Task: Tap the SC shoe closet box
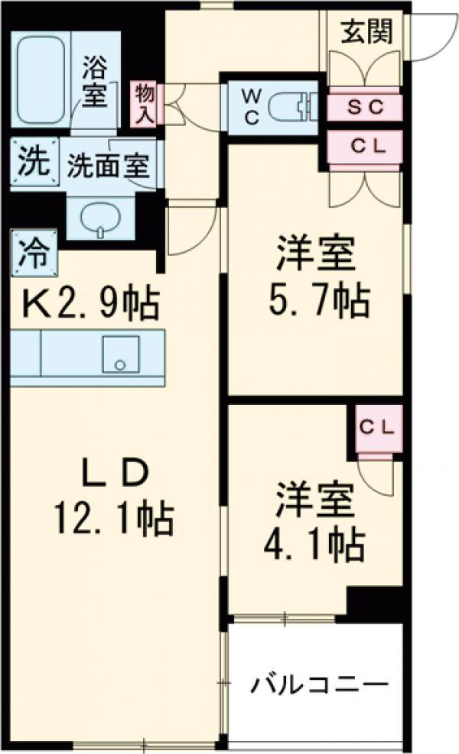365,107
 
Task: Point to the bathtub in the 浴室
44,77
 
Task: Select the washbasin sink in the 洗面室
101,217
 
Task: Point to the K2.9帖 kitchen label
85,305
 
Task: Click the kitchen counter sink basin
120,354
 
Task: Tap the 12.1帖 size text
112,521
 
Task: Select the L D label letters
113,475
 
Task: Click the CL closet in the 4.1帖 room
376,429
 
